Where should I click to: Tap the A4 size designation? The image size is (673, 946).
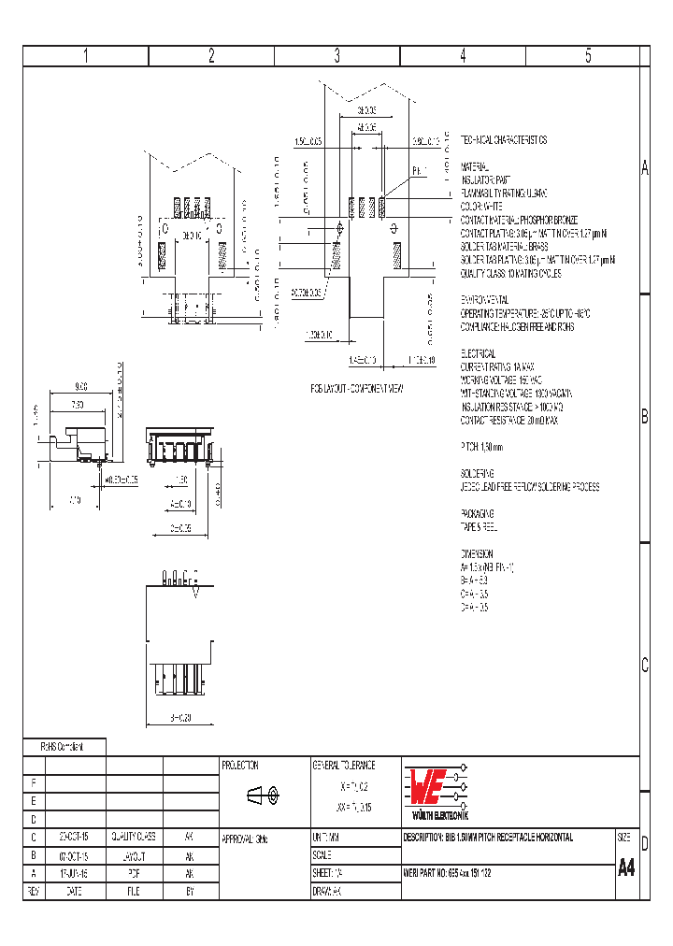626,867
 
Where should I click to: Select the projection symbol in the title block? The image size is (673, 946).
262,795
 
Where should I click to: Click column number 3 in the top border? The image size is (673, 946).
337,55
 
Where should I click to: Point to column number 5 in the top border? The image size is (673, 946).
589,55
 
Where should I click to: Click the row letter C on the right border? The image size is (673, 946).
644,666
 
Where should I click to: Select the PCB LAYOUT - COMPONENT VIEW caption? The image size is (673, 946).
357,387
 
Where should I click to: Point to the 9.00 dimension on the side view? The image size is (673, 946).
80,386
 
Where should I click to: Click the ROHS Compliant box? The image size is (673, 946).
63,747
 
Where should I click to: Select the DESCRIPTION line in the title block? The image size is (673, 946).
488,838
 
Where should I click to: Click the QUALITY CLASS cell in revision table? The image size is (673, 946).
134,838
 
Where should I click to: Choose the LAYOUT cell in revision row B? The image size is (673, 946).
134,855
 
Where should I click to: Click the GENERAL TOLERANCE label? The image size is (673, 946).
343,766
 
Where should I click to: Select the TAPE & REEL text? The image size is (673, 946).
481,526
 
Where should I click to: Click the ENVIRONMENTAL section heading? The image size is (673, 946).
484,299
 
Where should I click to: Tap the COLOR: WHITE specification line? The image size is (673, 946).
481,206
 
